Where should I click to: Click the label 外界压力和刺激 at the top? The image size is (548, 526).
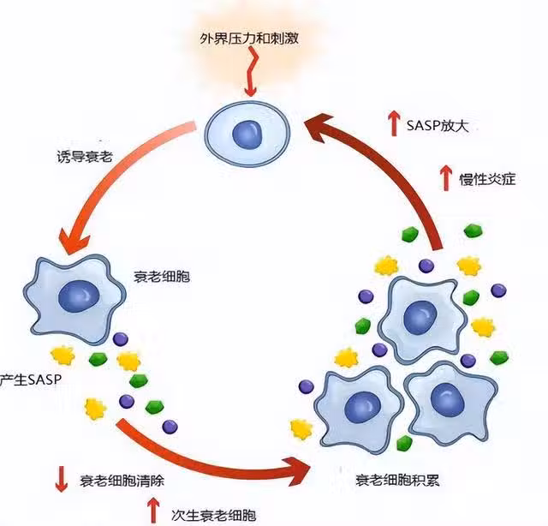[x=249, y=39]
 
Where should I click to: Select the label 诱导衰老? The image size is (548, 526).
[x=82, y=158]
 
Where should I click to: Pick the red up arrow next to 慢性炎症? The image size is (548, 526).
[x=444, y=177]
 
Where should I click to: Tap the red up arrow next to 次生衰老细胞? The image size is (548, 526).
[x=154, y=511]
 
